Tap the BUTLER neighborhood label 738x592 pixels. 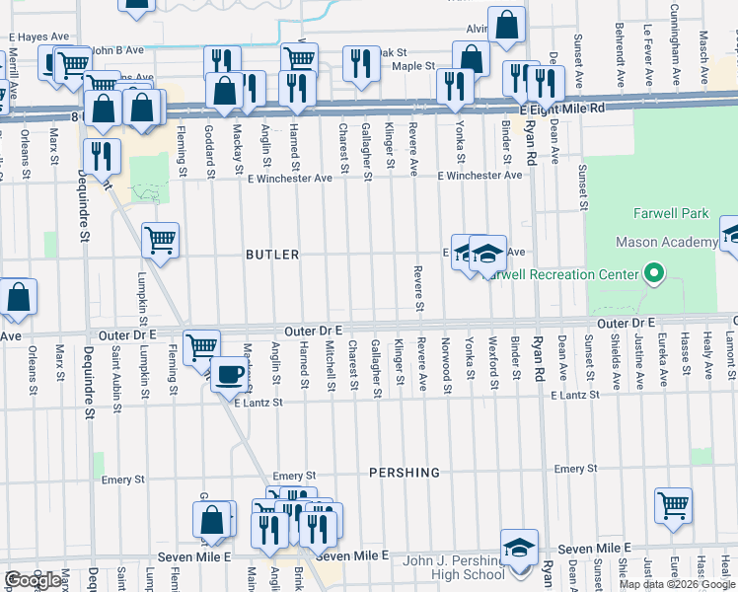click(272, 255)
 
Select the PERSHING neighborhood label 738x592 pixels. click(405, 473)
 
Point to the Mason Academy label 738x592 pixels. click(666, 243)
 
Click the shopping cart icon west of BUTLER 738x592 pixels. click(160, 240)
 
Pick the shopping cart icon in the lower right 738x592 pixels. click(673, 505)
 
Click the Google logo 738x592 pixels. click(33, 580)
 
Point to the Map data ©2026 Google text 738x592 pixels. click(677, 584)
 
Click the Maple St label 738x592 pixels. click(414, 66)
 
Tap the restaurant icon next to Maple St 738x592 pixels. click(358, 64)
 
